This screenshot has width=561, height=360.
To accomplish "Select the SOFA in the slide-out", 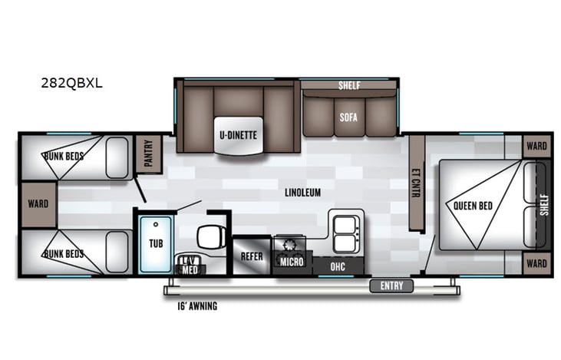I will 348,117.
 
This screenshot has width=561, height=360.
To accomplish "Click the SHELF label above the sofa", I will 349,85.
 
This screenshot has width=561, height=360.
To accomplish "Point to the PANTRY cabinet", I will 148,154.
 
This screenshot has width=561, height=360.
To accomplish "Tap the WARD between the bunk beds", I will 38,204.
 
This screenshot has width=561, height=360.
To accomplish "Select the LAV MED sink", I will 189,263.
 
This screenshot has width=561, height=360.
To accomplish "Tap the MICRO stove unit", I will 292,262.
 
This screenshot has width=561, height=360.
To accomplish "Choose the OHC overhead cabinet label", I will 338,266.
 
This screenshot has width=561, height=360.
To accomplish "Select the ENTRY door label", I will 391,286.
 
